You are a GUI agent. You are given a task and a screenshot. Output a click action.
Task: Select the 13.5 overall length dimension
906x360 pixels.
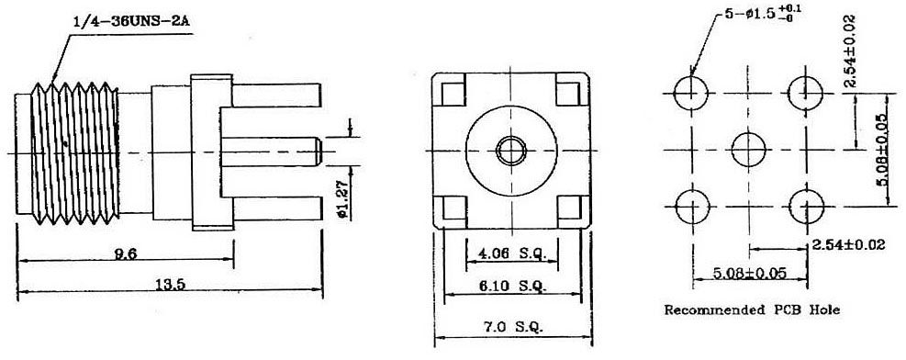click(x=170, y=286)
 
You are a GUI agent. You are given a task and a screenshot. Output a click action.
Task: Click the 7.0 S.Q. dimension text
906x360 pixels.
click(x=510, y=327)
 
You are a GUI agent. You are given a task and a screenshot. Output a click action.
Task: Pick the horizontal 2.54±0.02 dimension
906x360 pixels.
click(x=848, y=246)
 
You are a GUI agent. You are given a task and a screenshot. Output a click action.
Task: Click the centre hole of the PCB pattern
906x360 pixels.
click(x=748, y=148)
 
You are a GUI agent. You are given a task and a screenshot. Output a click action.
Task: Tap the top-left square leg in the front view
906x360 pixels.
click(x=452, y=93)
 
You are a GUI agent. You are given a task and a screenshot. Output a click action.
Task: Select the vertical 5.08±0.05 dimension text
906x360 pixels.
click(x=884, y=148)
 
